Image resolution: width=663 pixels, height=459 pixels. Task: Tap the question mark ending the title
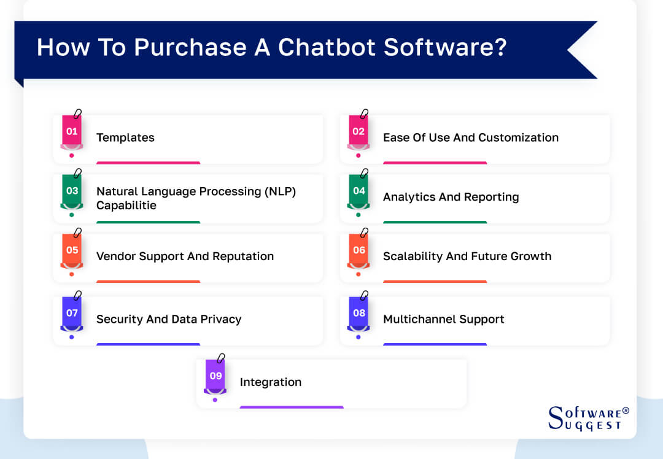coord(500,48)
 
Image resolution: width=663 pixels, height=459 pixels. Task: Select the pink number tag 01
coord(72,131)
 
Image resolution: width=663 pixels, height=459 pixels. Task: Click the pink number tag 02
coord(359,131)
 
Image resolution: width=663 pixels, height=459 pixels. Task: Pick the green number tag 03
coord(72,191)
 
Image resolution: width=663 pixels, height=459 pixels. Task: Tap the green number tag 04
coord(359,191)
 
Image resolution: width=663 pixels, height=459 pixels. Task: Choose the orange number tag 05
coord(72,250)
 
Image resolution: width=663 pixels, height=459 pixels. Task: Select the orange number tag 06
coord(359,250)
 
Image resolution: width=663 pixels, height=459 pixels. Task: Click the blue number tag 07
coord(72,313)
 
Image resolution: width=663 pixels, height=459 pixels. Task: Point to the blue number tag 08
coord(359,313)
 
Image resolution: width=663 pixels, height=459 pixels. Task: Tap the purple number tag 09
coord(215,376)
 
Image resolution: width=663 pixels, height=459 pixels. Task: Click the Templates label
coord(125,137)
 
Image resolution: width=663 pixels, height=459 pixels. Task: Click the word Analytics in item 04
coord(406,197)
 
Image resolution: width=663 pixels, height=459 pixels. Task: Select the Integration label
coord(270,382)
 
